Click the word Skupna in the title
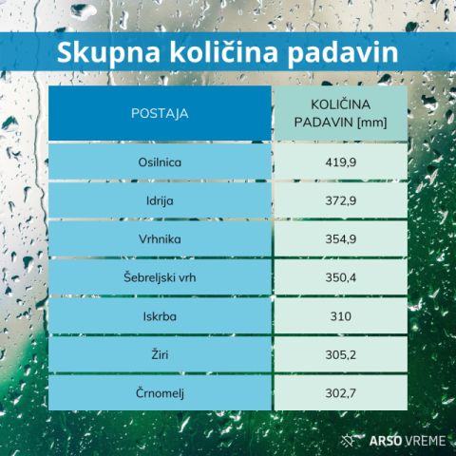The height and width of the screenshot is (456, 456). tap(108, 52)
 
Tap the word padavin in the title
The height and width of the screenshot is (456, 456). tap(343, 52)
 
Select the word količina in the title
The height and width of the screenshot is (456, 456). tap(224, 51)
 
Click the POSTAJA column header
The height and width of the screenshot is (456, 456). tap(160, 113)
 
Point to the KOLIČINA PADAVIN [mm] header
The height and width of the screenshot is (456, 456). tap(341, 113)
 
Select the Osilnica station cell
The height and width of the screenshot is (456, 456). tap(160, 162)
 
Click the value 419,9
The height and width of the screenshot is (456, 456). tap(341, 162)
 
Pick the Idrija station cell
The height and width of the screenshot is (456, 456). tap(160, 201)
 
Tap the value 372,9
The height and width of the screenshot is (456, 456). tap(341, 200)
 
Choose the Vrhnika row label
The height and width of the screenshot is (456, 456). tap(160, 239)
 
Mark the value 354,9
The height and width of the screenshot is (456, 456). tap(341, 239)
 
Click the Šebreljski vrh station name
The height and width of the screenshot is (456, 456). tap(160, 277)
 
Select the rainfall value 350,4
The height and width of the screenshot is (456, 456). tap(341, 277)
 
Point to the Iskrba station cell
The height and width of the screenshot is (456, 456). tap(160, 316)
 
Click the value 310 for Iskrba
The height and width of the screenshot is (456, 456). tap(341, 316)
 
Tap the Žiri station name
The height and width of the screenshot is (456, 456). tap(160, 354)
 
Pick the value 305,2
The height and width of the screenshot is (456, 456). tap(341, 355)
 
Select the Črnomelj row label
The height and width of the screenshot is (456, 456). tap(160, 393)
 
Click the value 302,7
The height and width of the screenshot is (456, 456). tap(341, 393)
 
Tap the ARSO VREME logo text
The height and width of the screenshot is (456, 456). tap(408, 441)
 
